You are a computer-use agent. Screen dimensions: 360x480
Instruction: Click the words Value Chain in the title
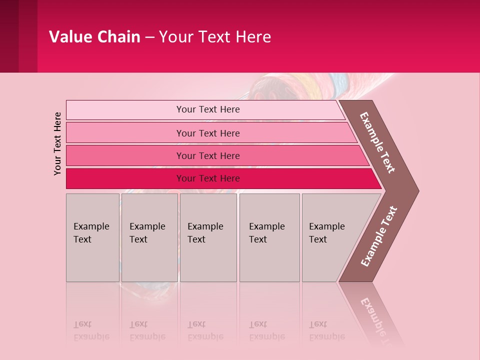point(94,37)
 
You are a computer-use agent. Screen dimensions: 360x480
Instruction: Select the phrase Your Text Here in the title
point(215,37)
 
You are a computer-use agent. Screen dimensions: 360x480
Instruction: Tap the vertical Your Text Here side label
point(58,143)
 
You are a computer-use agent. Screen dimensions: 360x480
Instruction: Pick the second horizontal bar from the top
point(207,133)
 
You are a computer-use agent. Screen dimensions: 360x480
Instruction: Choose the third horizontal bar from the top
point(207,155)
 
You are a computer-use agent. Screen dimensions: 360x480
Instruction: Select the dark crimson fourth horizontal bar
point(207,178)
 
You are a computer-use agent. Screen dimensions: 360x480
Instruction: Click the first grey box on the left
point(92,237)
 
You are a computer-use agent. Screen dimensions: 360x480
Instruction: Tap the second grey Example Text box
point(149,237)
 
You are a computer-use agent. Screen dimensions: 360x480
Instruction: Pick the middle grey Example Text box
point(208,237)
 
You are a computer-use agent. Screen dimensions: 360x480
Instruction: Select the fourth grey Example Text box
point(269,237)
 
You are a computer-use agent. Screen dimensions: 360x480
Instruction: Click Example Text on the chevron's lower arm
point(379,236)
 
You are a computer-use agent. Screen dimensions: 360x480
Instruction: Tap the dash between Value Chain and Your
point(149,37)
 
